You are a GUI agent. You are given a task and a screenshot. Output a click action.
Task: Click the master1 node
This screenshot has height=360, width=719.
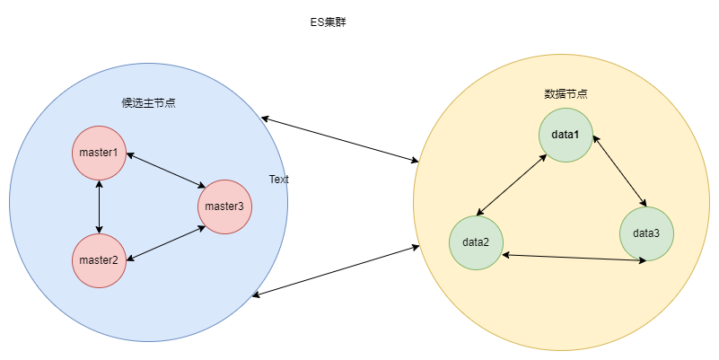pyautogui.click(x=99, y=153)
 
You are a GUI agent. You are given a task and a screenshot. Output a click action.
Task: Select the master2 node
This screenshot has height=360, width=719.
pyautogui.click(x=99, y=260)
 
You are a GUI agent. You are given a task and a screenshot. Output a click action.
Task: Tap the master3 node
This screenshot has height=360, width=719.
pyautogui.click(x=224, y=207)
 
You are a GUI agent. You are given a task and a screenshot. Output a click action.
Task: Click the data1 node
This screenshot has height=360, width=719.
pyautogui.click(x=566, y=135)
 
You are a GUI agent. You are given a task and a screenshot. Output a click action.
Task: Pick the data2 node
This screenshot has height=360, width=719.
pyautogui.click(x=476, y=242)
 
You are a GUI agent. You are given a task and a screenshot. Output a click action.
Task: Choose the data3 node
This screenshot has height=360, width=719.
pyautogui.click(x=646, y=233)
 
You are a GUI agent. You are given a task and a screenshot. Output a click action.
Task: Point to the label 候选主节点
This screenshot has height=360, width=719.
pyautogui.click(x=148, y=102)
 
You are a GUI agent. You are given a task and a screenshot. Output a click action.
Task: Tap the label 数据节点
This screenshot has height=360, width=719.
pyautogui.click(x=566, y=93)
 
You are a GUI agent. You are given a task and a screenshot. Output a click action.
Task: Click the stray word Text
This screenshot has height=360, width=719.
pyautogui.click(x=279, y=180)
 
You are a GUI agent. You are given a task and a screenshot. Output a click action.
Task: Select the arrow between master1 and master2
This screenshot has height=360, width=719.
pyautogui.click(x=99, y=206)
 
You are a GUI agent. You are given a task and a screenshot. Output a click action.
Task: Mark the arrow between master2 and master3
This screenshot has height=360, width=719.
pyautogui.click(x=166, y=243)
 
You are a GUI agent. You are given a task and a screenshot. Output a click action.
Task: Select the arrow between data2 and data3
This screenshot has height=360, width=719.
pyautogui.click(x=574, y=258)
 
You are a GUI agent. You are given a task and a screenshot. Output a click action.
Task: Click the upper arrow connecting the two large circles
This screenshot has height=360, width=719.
pyautogui.click(x=339, y=139)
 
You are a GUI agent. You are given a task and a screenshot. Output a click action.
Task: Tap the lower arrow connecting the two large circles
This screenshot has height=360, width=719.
pyautogui.click(x=337, y=270)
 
